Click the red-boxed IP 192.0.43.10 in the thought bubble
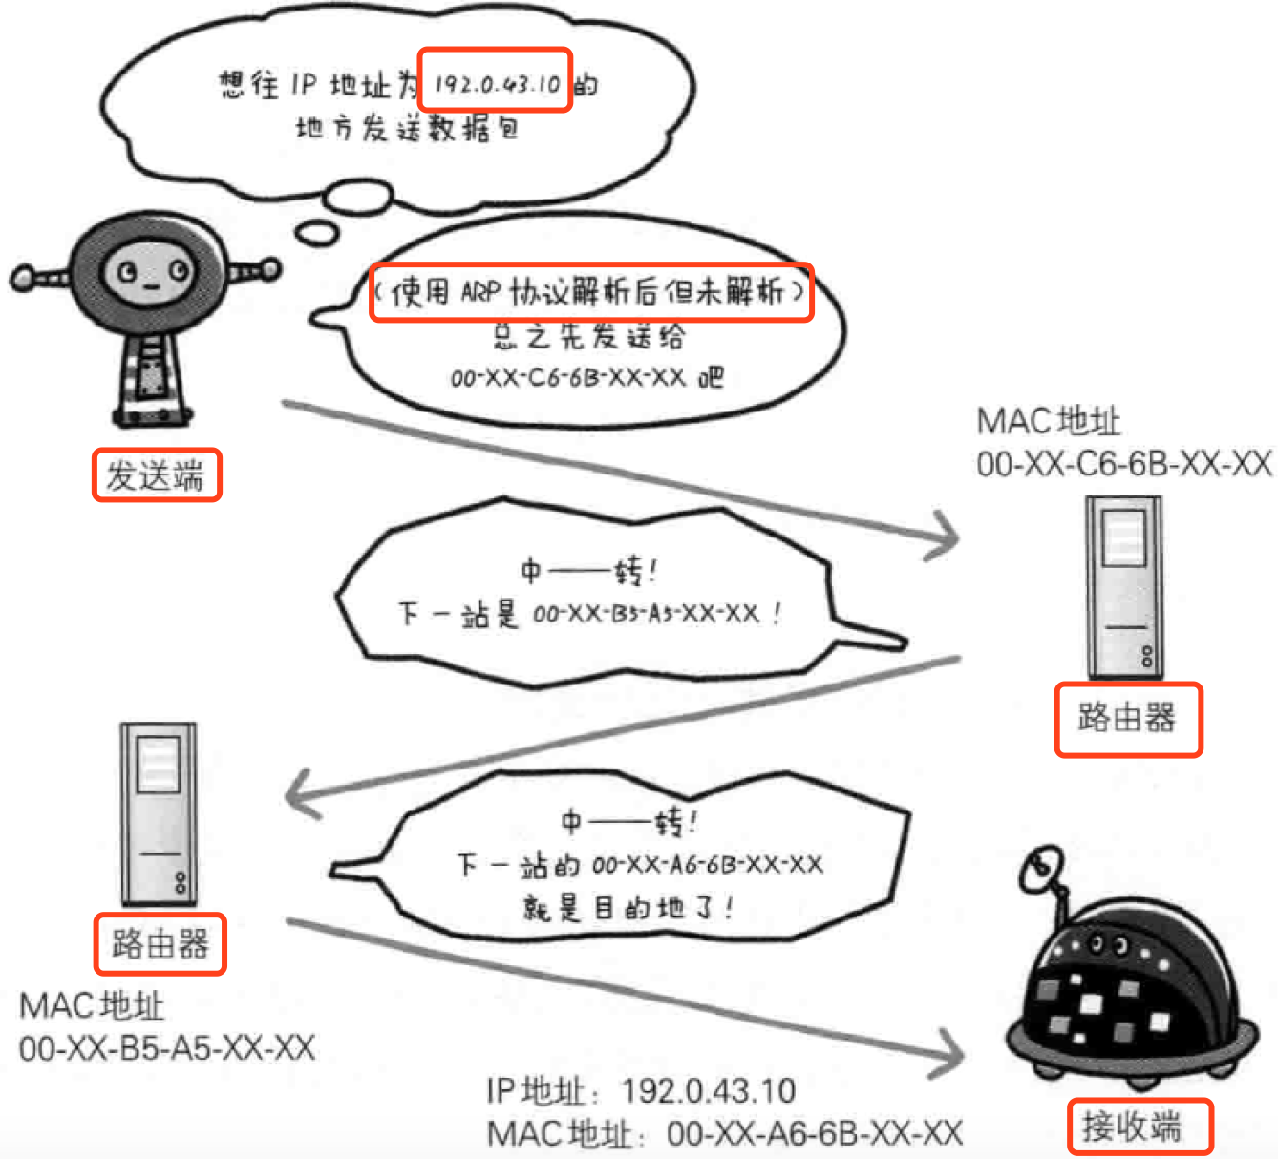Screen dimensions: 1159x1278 point(495,82)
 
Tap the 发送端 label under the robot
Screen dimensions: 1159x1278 point(156,475)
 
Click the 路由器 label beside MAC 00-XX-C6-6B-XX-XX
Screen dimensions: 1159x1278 point(1127,719)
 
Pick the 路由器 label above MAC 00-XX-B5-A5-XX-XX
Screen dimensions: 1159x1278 point(160,944)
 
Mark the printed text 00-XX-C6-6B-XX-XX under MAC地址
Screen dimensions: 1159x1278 point(1123,464)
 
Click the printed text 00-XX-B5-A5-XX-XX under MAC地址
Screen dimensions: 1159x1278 point(167,1048)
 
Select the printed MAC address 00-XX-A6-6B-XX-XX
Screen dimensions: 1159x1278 point(814,1133)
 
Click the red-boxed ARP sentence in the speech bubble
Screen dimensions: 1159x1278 point(591,292)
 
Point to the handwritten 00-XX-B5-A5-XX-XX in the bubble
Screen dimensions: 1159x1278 point(646,613)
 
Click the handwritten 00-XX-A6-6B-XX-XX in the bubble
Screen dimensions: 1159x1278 point(707,865)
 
